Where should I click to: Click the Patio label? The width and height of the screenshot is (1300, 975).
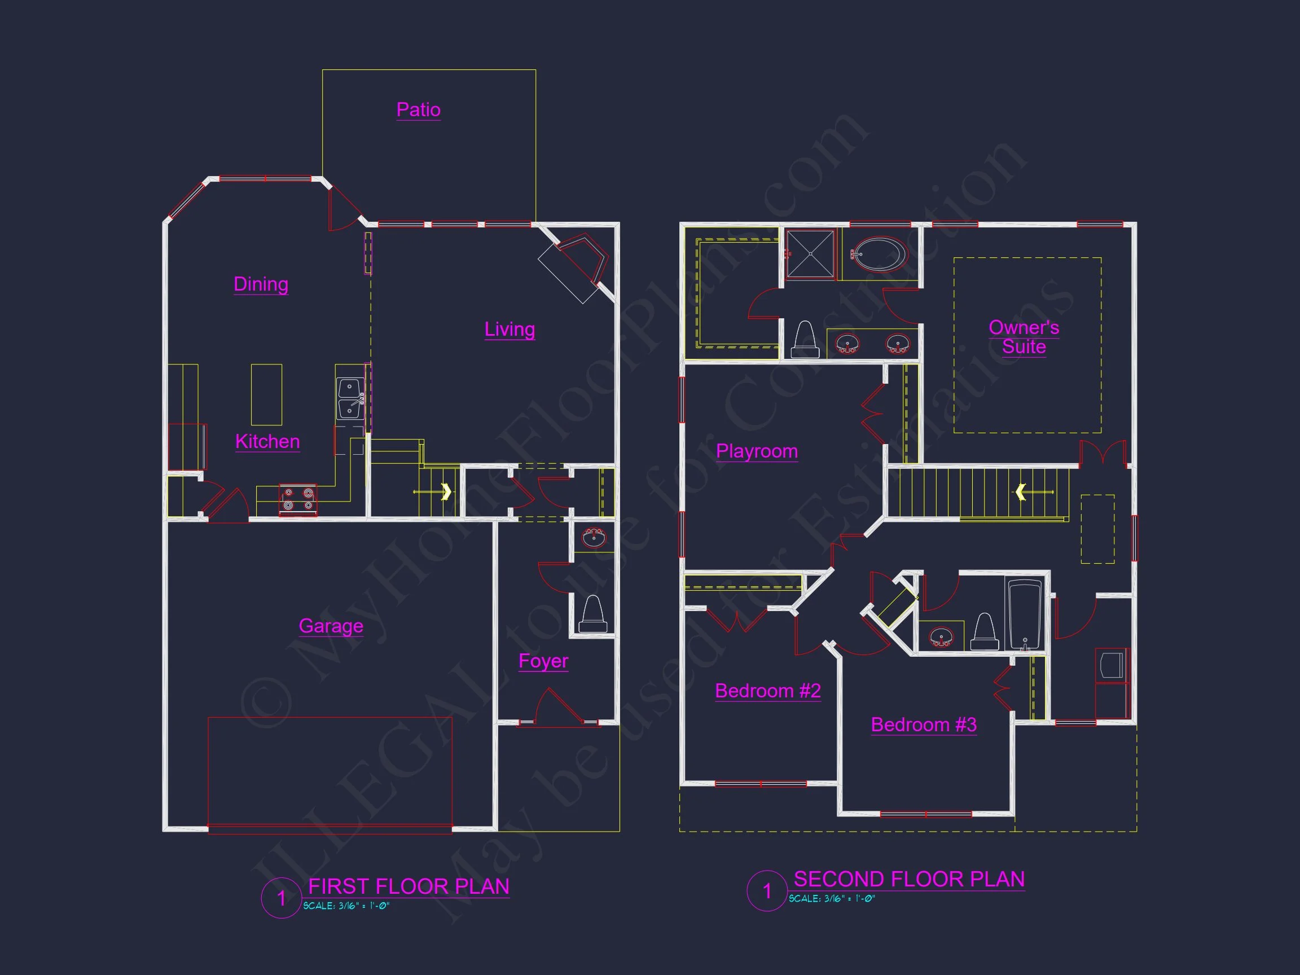pyautogui.click(x=419, y=110)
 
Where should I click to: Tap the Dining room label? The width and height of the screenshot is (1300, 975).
pyautogui.click(x=261, y=284)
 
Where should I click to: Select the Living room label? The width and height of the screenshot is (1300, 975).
pyautogui.click(x=510, y=329)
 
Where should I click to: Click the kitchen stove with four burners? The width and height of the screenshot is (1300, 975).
pyautogui.click(x=298, y=499)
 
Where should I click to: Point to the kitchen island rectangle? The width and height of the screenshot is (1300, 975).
pyautogui.click(x=266, y=394)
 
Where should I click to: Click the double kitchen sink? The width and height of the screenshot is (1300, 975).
pyautogui.click(x=350, y=398)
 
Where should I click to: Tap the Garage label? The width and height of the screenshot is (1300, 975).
pyautogui.click(x=331, y=626)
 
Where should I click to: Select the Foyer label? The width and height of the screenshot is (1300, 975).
pyautogui.click(x=543, y=661)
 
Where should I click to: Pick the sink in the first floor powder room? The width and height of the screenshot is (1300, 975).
pyautogui.click(x=594, y=537)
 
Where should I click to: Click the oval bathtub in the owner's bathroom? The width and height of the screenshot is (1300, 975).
pyautogui.click(x=879, y=254)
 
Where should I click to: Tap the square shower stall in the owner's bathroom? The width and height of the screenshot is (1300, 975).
pyautogui.click(x=810, y=253)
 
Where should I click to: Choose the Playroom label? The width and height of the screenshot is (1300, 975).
pyautogui.click(x=757, y=451)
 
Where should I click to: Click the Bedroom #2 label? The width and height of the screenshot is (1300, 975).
pyautogui.click(x=767, y=691)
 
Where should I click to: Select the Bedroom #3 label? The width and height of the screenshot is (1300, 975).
pyautogui.click(x=923, y=724)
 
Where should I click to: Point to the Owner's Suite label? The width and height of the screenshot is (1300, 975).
pyautogui.click(x=1024, y=337)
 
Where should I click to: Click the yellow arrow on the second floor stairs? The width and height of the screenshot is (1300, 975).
pyautogui.click(x=1021, y=492)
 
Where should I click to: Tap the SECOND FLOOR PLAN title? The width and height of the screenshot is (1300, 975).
pyautogui.click(x=909, y=879)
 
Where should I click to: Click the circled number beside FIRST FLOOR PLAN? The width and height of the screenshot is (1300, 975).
pyautogui.click(x=282, y=898)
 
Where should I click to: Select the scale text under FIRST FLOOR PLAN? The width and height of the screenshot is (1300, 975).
pyautogui.click(x=346, y=906)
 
